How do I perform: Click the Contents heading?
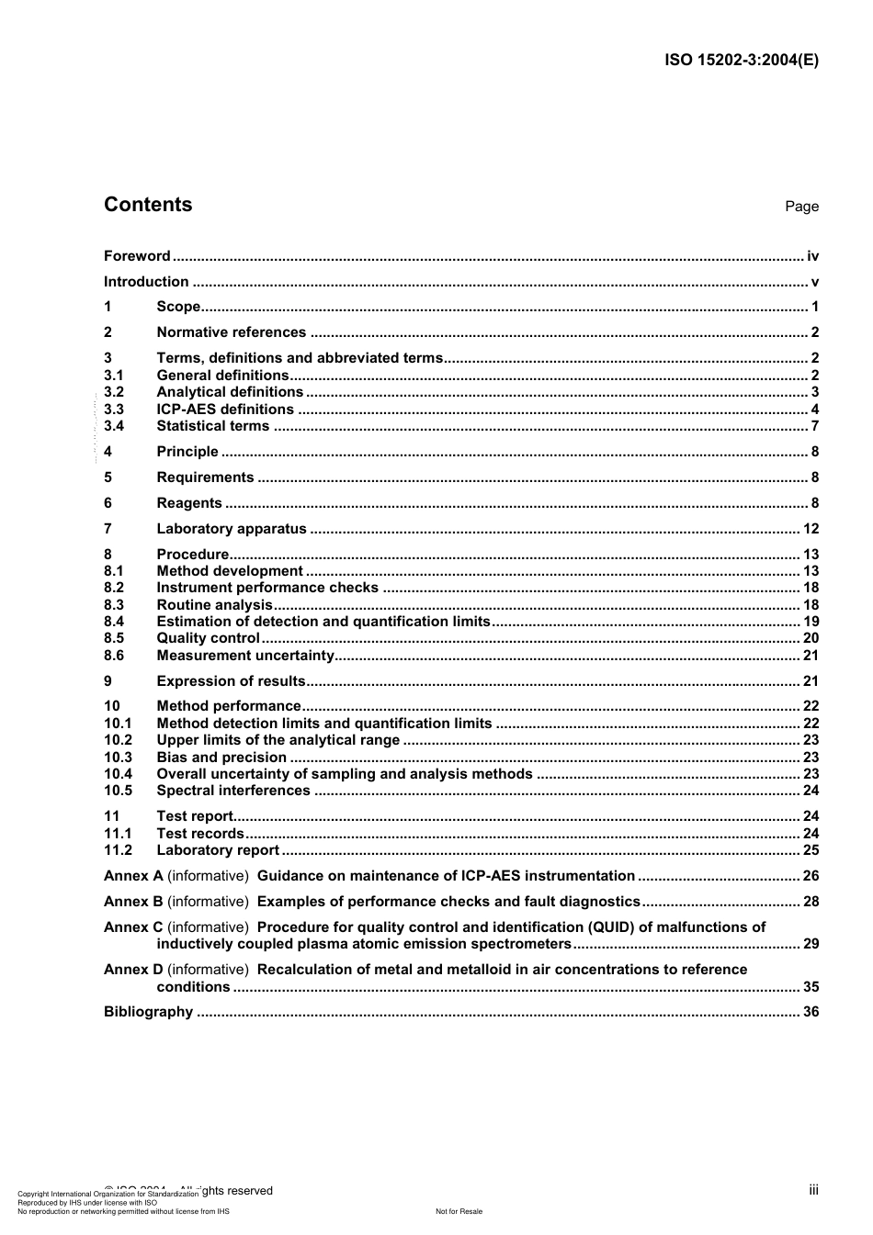(148, 205)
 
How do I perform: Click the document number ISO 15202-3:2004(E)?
(741, 61)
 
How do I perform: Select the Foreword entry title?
(137, 256)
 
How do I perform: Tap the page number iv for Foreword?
(812, 256)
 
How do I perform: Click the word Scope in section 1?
(178, 307)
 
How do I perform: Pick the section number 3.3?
(114, 410)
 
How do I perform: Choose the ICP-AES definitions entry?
(225, 410)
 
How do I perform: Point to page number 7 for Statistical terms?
(814, 426)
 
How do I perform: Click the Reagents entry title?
(189, 503)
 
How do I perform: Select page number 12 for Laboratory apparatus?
(811, 529)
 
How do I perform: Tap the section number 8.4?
(114, 622)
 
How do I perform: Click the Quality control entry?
(209, 638)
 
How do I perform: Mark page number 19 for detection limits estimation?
(811, 622)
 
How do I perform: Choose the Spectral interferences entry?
(233, 791)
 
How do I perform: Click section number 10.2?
(118, 740)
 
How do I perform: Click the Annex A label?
(133, 876)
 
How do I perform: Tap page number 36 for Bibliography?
(811, 1012)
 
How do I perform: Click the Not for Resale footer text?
(459, 1211)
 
